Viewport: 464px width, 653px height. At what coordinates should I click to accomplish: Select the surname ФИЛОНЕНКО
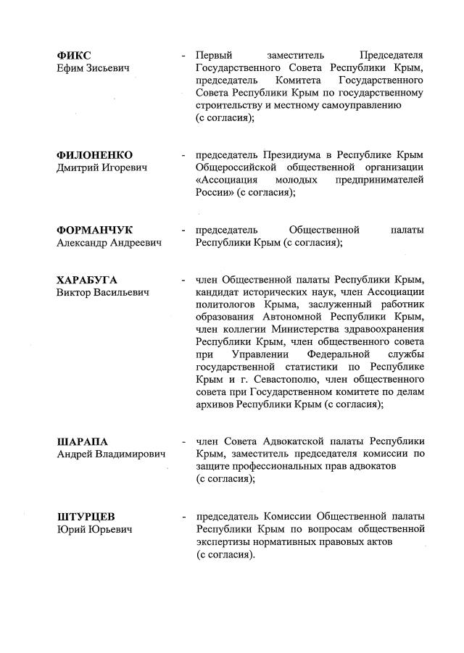(95, 155)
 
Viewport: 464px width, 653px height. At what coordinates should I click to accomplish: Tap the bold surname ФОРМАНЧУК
(95, 230)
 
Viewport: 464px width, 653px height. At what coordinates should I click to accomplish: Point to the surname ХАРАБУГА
(87, 280)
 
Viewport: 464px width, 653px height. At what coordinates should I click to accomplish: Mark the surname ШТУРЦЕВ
(86, 517)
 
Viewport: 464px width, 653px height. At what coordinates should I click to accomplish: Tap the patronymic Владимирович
(129, 454)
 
